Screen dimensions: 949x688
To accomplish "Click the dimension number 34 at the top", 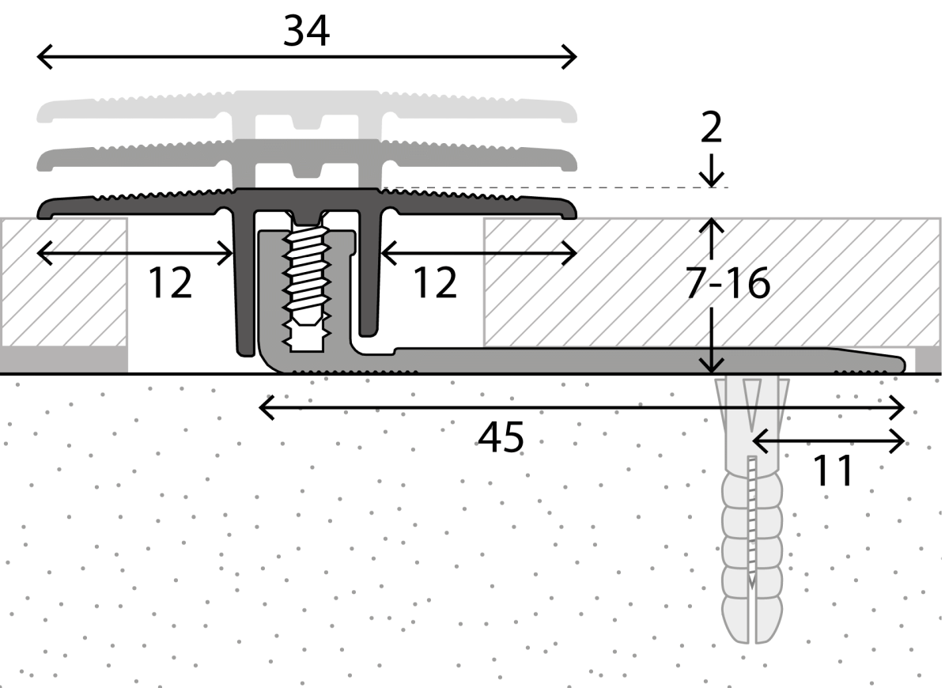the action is pyautogui.click(x=306, y=31).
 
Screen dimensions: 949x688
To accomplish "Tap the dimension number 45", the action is pyautogui.click(x=501, y=437).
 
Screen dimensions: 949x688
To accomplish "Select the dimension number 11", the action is pyautogui.click(x=833, y=471).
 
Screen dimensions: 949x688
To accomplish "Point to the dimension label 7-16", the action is pyautogui.click(x=728, y=283).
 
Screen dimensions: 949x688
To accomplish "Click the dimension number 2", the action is pyautogui.click(x=711, y=127).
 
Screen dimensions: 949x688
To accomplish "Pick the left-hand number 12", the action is pyautogui.click(x=170, y=282).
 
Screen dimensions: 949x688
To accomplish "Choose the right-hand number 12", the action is pyautogui.click(x=435, y=282).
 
